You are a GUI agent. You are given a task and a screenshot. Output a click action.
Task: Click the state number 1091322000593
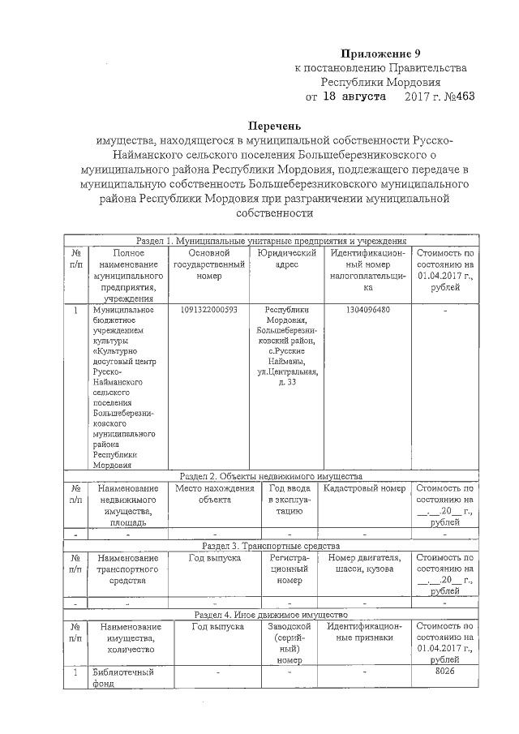[x=208, y=311]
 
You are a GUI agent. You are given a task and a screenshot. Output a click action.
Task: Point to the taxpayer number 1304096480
[x=367, y=311]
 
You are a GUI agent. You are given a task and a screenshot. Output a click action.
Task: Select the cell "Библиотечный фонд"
[x=122, y=678]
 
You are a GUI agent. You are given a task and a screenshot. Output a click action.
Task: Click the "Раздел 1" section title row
[x=271, y=242]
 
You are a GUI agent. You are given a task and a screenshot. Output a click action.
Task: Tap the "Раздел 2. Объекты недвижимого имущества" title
[x=271, y=476]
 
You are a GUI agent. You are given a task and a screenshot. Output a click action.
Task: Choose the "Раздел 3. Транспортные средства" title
[x=271, y=546]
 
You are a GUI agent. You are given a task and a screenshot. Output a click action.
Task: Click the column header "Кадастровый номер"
[x=364, y=489]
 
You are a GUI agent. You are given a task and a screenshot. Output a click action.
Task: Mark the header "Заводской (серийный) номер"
[x=288, y=643]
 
